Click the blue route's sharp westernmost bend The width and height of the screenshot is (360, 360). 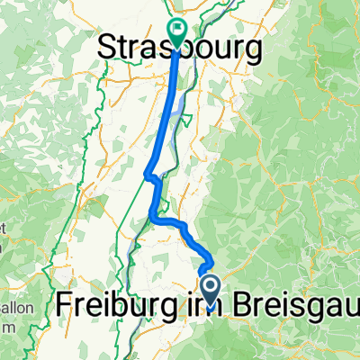tap(147, 172)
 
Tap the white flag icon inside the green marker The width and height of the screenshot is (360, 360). tap(175, 28)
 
